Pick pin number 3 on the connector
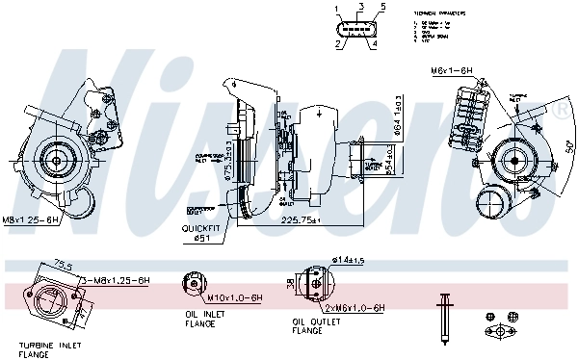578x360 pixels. point(359,8)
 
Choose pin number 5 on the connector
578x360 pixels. point(382,8)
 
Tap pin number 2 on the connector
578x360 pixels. point(338,44)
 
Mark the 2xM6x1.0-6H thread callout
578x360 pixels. point(354,307)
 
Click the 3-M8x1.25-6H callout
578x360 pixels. point(117,279)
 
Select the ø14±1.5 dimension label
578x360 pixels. point(348,260)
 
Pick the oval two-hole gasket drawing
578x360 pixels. point(500,335)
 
